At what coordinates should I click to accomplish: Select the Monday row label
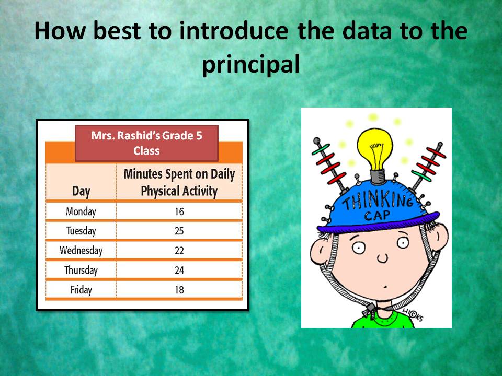81,211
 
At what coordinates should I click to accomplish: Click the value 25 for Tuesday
179,231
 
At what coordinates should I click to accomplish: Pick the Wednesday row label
81,250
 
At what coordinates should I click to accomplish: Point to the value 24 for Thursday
179,270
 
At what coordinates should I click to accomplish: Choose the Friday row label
81,289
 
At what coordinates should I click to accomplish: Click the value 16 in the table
179,211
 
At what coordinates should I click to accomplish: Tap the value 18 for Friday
179,289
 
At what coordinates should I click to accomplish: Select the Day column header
81,191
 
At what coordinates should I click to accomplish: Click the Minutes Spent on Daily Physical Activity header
179,182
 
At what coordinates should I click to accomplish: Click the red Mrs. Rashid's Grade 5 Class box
146,143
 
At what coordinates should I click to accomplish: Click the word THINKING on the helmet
377,201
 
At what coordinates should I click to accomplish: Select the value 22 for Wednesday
179,250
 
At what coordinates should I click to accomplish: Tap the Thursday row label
81,270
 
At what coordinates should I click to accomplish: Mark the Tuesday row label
81,231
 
